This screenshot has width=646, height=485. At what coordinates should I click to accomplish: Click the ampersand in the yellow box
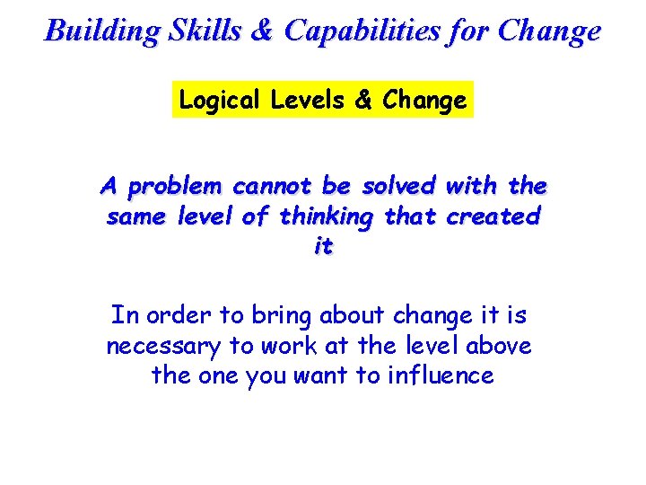pos(363,101)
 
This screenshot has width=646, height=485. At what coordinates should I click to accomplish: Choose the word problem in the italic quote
pos(175,188)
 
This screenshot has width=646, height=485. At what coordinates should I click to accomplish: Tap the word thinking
pos(328,217)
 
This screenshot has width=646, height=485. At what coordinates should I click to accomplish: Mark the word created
pos(493,216)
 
